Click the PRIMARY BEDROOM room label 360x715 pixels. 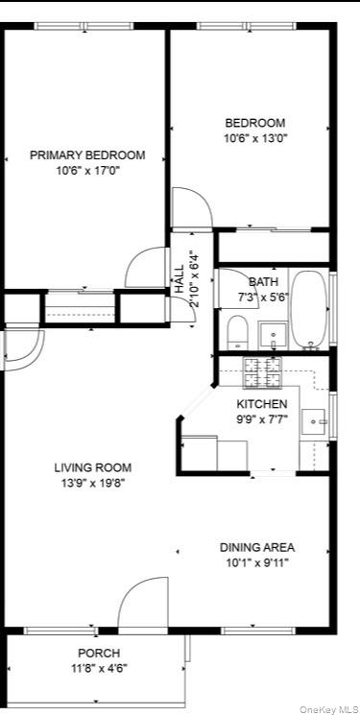click(87, 155)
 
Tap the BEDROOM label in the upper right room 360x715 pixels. click(255, 123)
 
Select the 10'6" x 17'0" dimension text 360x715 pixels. click(87, 171)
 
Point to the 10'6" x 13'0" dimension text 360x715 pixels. click(255, 138)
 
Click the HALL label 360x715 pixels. click(180, 279)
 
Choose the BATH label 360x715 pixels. click(263, 282)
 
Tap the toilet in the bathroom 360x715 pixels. click(238, 333)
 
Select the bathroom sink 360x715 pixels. click(274, 336)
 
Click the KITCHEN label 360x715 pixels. click(262, 404)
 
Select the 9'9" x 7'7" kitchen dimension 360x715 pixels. click(262, 419)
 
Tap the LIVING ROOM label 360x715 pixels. click(90, 467)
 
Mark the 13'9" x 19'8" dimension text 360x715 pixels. click(90, 483)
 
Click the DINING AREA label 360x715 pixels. click(256, 547)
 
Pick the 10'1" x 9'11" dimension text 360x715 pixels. click(256, 562)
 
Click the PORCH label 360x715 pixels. click(98, 653)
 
